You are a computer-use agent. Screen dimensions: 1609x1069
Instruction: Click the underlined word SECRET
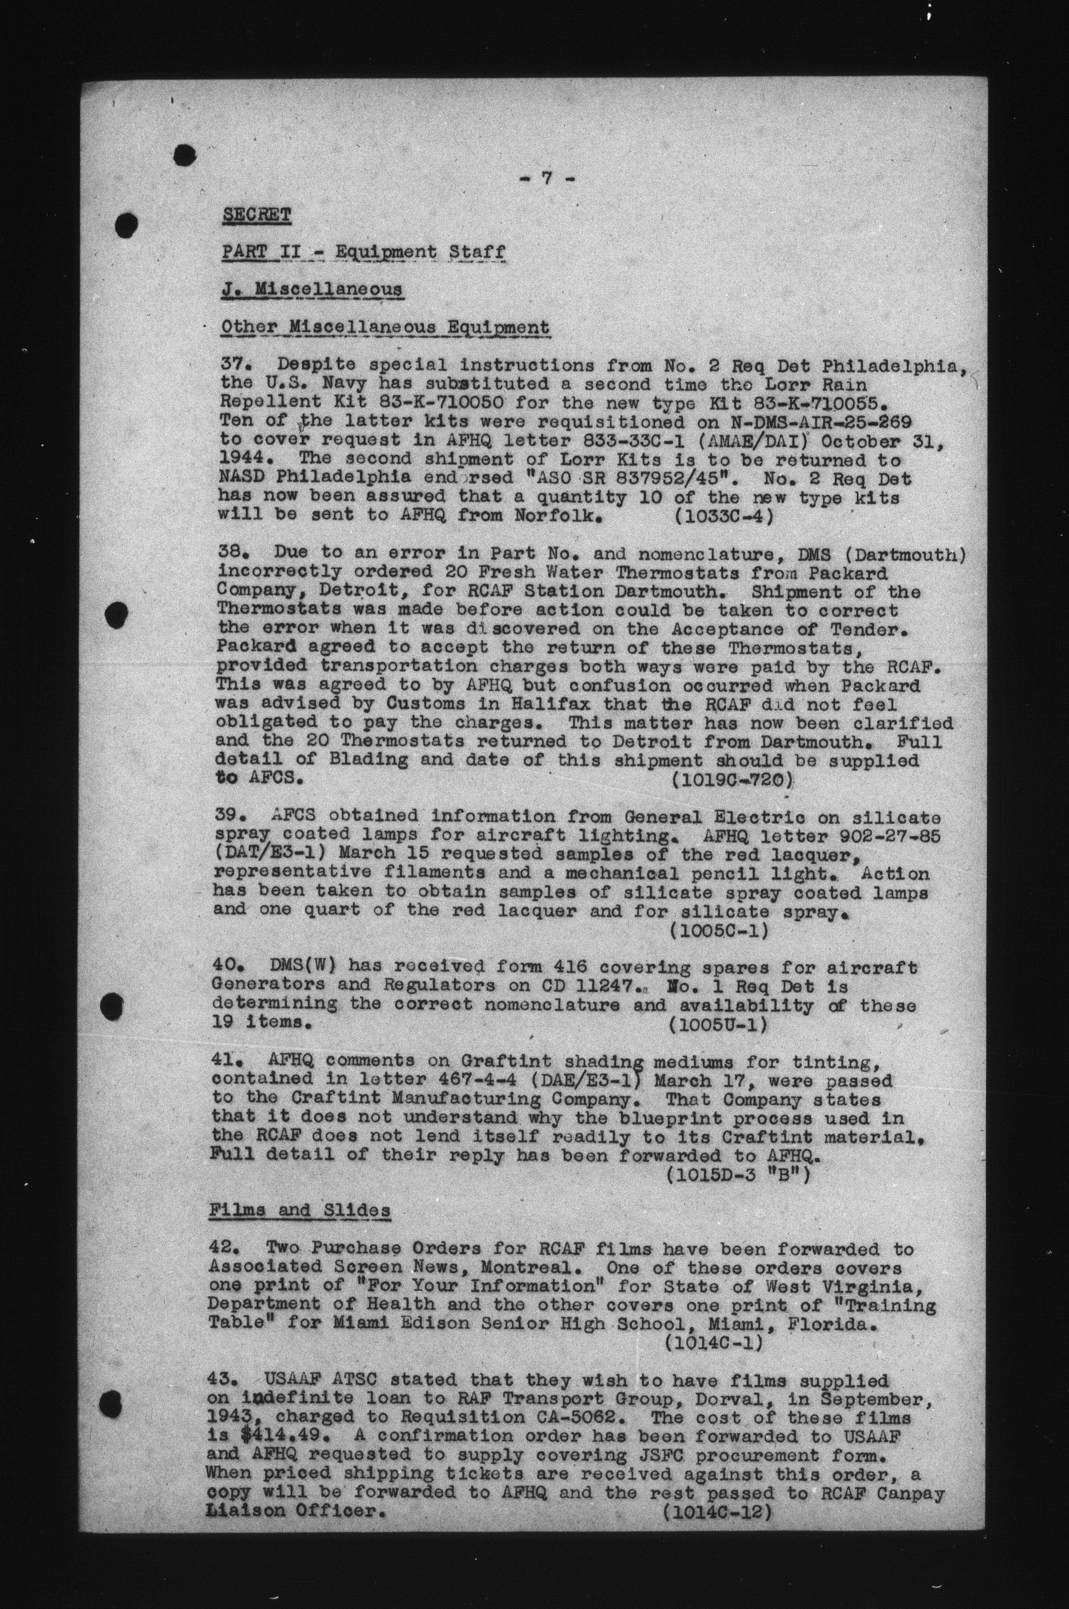[x=256, y=215]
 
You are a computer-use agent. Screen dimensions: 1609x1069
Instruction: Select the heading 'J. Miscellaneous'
[x=311, y=290]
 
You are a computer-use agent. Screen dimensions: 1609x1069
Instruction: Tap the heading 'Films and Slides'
[x=299, y=1210]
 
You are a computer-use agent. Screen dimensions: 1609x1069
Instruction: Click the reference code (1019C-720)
[x=731, y=779]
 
